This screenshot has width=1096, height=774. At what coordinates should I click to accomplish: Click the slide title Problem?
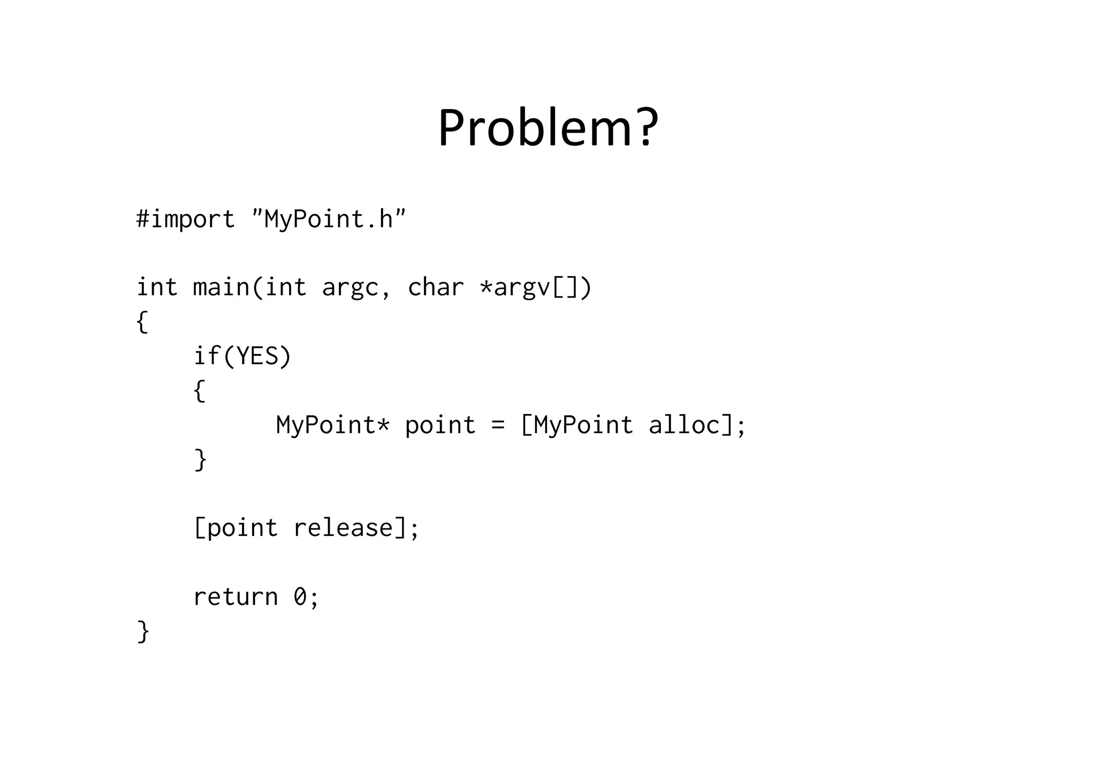(548, 128)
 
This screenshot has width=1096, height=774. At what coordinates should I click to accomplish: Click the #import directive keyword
(185, 219)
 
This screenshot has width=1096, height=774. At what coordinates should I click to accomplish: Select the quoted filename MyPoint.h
(329, 218)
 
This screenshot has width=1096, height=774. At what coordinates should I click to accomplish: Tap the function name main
(221, 287)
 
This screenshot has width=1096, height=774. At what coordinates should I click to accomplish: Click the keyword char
(435, 287)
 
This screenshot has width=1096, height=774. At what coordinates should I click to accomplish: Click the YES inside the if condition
(257, 356)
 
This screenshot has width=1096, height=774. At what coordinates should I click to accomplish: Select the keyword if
(207, 356)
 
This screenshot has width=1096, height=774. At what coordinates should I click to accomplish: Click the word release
(343, 528)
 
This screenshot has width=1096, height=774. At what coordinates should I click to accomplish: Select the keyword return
(235, 597)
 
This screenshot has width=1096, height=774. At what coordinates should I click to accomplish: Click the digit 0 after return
(300, 597)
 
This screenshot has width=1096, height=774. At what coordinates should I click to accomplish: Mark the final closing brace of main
(143, 631)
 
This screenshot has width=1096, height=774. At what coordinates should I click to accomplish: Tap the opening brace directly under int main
(142, 321)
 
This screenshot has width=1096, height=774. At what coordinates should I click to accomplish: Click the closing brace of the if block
(200, 459)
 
